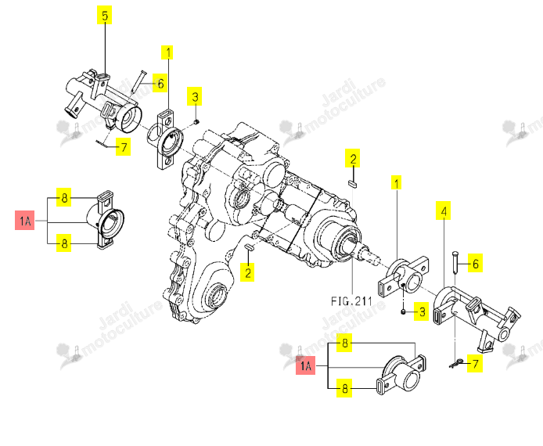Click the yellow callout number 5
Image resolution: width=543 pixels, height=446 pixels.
[x=105, y=16]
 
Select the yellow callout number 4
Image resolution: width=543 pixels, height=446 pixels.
[x=444, y=210]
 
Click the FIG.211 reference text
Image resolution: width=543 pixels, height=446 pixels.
[x=351, y=300]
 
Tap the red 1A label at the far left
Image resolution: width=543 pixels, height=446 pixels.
[x=25, y=220]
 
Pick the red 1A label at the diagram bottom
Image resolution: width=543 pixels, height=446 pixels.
[x=306, y=365]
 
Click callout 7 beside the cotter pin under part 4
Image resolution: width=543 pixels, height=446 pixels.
[x=475, y=364]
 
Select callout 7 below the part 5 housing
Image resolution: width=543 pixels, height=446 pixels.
[x=124, y=147]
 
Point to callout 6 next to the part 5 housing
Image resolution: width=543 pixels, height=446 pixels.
[x=160, y=84]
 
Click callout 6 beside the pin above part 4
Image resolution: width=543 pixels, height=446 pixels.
[x=475, y=264]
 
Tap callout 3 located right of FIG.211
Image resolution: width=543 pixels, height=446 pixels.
[x=422, y=312]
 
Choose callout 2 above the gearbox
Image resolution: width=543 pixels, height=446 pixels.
[x=353, y=159]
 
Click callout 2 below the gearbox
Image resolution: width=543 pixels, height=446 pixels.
[x=248, y=272]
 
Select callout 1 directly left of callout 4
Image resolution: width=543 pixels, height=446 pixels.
[x=397, y=182]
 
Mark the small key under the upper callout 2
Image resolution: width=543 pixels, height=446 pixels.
[x=352, y=183]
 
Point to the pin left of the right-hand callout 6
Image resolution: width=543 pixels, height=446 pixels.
[x=455, y=262]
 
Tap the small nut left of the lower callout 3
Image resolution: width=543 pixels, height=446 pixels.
[x=403, y=312]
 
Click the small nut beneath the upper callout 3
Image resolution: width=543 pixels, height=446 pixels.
[x=196, y=121]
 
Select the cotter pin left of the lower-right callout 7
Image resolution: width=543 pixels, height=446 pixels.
[x=455, y=363]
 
